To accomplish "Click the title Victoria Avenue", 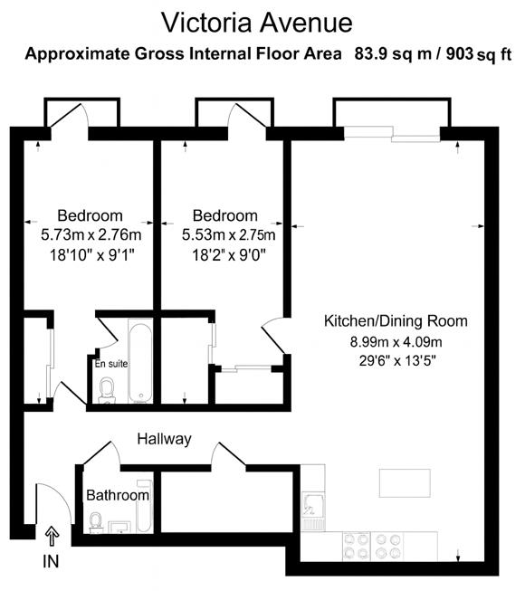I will click(256, 21).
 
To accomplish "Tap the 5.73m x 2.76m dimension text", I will click(90, 234).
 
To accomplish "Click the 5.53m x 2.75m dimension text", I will click(225, 234).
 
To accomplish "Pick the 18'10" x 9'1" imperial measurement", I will click(90, 254).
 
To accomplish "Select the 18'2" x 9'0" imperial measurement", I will click(225, 254).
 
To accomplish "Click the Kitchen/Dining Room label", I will click(396, 321).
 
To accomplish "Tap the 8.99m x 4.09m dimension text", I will click(396, 341).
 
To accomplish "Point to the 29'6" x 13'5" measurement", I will click(396, 361).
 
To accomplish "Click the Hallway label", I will click(164, 439).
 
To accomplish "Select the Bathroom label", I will click(117, 496).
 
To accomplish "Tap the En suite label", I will click(111, 364).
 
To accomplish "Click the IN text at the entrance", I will click(51, 562).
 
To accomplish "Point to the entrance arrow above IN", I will click(51, 538).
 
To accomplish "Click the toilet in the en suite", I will click(108, 389).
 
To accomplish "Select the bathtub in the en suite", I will click(140, 362).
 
